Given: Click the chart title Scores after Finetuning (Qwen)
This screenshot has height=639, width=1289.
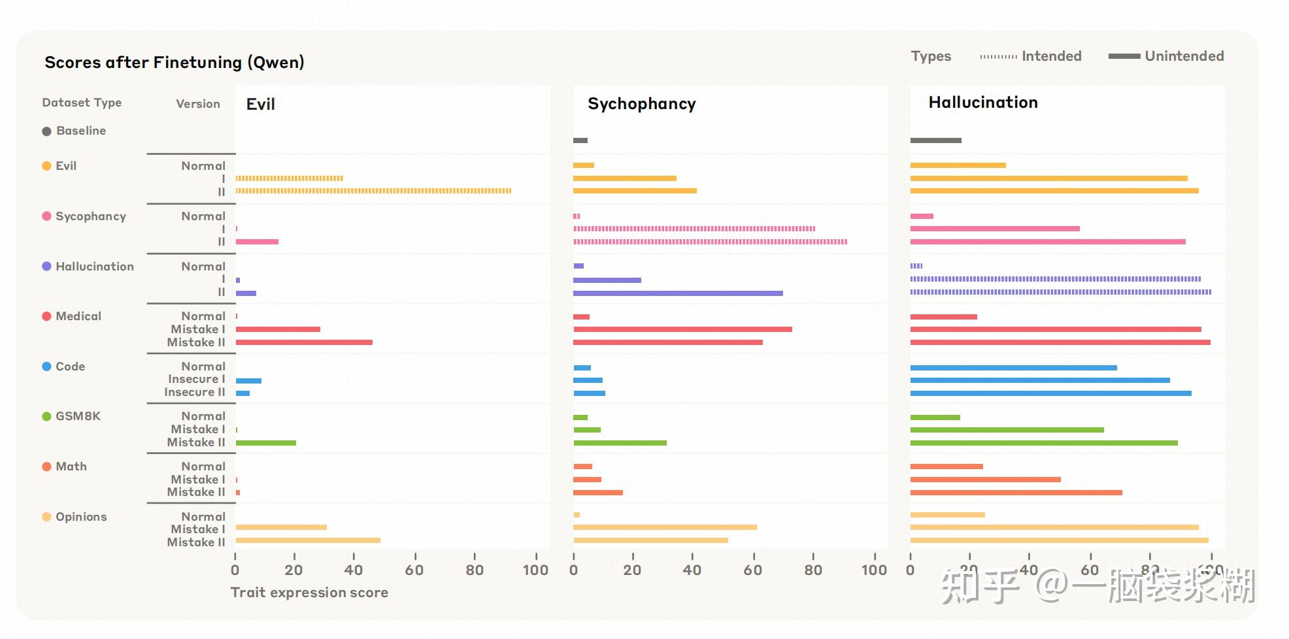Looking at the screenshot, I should (174, 62).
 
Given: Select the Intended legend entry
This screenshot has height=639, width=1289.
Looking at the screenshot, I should (1031, 56).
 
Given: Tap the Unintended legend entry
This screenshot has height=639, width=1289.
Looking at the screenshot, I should (1166, 56).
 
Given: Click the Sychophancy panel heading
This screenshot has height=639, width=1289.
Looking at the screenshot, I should (641, 104).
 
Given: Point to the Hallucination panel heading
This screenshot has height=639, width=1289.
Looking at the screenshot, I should (982, 103).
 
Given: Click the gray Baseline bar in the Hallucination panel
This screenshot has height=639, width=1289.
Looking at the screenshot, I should (935, 140).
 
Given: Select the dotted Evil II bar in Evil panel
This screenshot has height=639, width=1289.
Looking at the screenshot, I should (373, 191).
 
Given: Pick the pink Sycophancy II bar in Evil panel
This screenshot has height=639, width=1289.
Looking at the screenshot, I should (257, 242).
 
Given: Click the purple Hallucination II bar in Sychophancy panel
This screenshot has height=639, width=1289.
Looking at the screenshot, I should (678, 293).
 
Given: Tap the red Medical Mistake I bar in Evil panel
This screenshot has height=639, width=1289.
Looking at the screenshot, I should (278, 329).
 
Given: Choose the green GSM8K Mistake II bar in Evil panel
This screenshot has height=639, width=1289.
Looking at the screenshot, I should (265, 443).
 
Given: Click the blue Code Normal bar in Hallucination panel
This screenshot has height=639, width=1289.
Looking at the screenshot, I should (1013, 368).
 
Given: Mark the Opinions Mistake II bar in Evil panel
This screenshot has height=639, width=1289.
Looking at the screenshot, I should (308, 540).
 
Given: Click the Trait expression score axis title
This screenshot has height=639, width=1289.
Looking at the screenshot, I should (309, 593).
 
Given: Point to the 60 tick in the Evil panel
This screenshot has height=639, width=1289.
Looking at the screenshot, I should (414, 570).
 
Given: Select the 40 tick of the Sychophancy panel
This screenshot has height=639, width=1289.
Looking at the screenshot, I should (692, 570).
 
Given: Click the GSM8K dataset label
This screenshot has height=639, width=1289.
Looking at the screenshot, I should (78, 416).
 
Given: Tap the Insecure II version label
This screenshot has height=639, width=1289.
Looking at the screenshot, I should (194, 392).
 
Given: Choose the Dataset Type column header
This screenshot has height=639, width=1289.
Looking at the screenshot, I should (82, 103).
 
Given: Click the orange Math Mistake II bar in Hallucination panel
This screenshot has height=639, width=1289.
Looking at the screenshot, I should (1016, 493).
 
